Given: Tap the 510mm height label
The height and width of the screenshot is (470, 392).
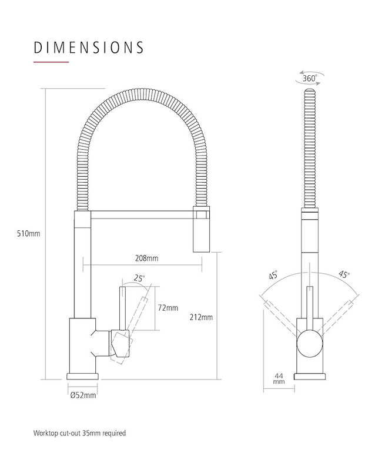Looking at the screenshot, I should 29,234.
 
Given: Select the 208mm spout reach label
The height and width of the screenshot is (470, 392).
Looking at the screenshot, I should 146,258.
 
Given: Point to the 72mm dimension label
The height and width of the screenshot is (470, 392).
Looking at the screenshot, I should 168,308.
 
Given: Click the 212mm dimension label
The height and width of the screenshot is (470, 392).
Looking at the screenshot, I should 202,318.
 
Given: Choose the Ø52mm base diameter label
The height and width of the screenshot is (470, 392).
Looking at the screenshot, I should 83,395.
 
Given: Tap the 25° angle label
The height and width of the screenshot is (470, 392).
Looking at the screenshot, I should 139,278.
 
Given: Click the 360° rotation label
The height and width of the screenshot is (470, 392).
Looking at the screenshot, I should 309,77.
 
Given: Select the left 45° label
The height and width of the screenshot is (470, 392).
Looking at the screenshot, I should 273,275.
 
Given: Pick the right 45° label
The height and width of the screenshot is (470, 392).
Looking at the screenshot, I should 344,274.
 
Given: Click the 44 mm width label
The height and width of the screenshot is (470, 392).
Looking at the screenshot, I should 279,378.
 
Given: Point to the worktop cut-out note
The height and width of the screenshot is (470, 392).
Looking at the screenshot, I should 79,433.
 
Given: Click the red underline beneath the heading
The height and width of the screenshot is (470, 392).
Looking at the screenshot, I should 51,62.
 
